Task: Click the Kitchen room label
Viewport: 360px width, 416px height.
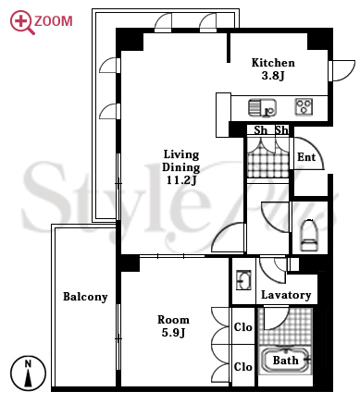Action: coord(273,63)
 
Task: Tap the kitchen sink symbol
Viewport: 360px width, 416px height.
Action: coord(262,107)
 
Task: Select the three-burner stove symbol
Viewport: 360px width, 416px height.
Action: coord(304,106)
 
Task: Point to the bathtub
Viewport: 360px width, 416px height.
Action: coord(285,361)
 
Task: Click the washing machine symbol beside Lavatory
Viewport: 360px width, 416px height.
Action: coord(243,280)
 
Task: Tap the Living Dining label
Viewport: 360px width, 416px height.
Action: coord(181,161)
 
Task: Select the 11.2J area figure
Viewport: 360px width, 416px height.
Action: coord(181,179)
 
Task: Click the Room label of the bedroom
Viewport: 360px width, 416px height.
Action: coord(173,320)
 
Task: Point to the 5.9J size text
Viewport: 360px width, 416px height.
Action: coord(173,333)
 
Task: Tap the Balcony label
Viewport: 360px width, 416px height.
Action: coord(85,297)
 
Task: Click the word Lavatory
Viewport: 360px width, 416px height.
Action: coord(286,295)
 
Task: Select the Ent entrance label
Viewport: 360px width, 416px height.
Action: coord(306,157)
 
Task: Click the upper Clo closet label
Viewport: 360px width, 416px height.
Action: coord(243,327)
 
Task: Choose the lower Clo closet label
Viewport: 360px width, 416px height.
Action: coord(243,367)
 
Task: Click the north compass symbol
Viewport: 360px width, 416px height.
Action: coord(28,373)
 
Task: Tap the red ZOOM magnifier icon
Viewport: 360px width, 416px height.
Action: coord(22,22)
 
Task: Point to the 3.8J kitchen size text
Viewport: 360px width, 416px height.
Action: coord(273,76)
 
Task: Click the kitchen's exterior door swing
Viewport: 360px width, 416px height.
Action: coord(342,71)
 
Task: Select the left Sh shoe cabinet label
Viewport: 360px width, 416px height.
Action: coord(260,130)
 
